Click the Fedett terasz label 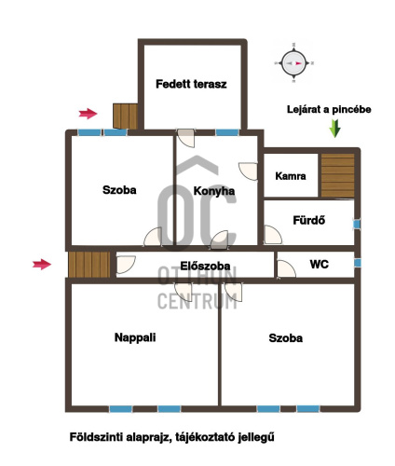(191, 84)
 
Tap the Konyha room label (214, 191)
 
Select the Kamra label (291, 176)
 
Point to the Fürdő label (309, 220)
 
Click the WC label (319, 265)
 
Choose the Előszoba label (205, 266)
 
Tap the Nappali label (135, 337)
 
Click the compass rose (293, 63)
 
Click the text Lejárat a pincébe (329, 109)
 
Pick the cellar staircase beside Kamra (337, 175)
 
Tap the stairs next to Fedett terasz (125, 116)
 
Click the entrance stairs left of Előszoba (89, 265)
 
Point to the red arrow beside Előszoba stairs (42, 265)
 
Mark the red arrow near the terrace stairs (89, 114)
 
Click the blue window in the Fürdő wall (357, 224)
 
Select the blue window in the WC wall (358, 263)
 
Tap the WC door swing (286, 269)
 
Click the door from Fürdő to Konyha (273, 235)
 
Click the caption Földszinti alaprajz (120, 437)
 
